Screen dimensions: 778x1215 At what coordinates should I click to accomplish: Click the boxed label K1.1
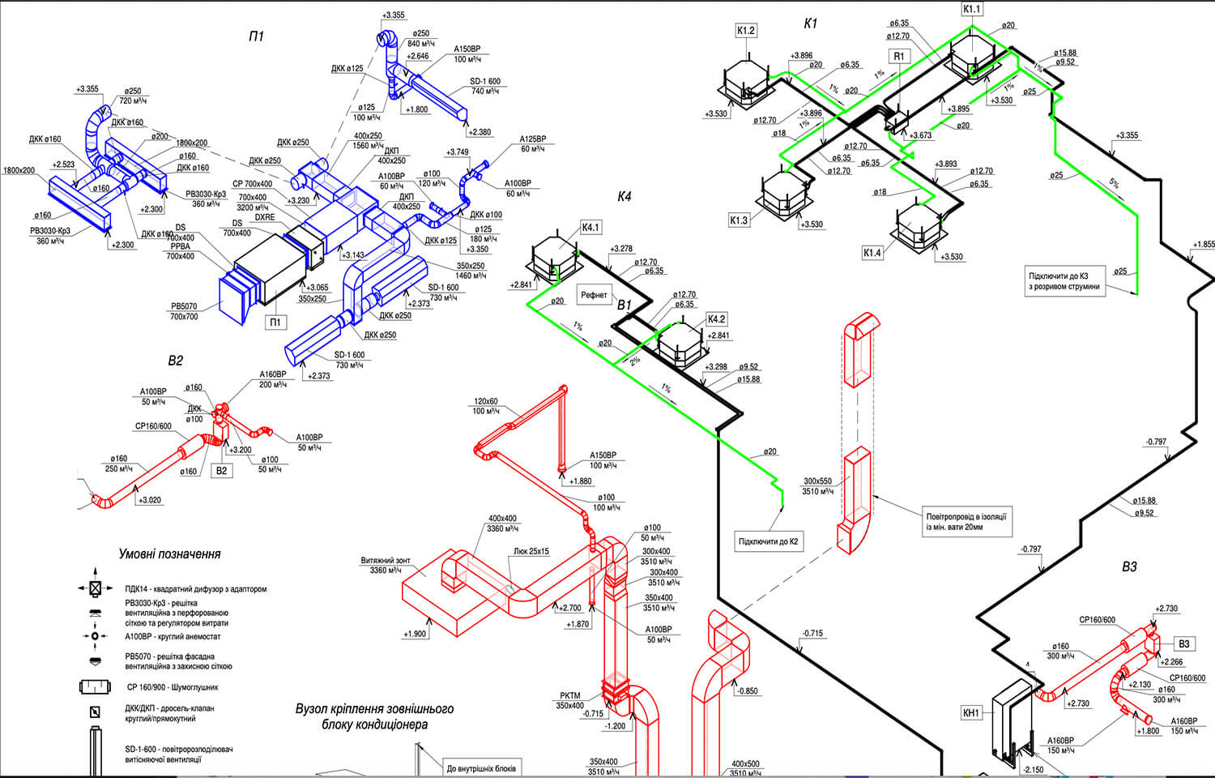click(972, 9)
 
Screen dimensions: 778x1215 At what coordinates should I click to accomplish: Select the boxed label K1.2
click(745, 31)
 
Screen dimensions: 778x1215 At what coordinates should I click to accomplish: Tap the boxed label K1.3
click(739, 220)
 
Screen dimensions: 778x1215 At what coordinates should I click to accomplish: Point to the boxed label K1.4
click(872, 253)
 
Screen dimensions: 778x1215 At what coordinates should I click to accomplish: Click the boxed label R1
click(899, 56)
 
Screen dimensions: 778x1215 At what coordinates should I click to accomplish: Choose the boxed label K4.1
click(590, 228)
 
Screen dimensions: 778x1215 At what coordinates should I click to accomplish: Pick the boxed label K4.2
click(716, 319)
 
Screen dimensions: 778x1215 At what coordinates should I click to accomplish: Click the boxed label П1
click(275, 323)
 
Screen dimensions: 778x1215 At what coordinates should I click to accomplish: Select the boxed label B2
click(222, 470)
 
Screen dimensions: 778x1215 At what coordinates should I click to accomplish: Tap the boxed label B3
click(1184, 643)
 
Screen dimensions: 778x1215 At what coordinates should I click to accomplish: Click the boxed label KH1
click(970, 713)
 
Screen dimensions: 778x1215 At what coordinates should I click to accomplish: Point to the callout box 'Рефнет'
click(594, 295)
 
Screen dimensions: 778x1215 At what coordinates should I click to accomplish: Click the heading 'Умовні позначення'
click(169, 554)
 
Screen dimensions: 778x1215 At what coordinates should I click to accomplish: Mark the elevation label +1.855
click(1204, 244)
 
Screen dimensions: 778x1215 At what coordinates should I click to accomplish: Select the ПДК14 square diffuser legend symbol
click(95, 588)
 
